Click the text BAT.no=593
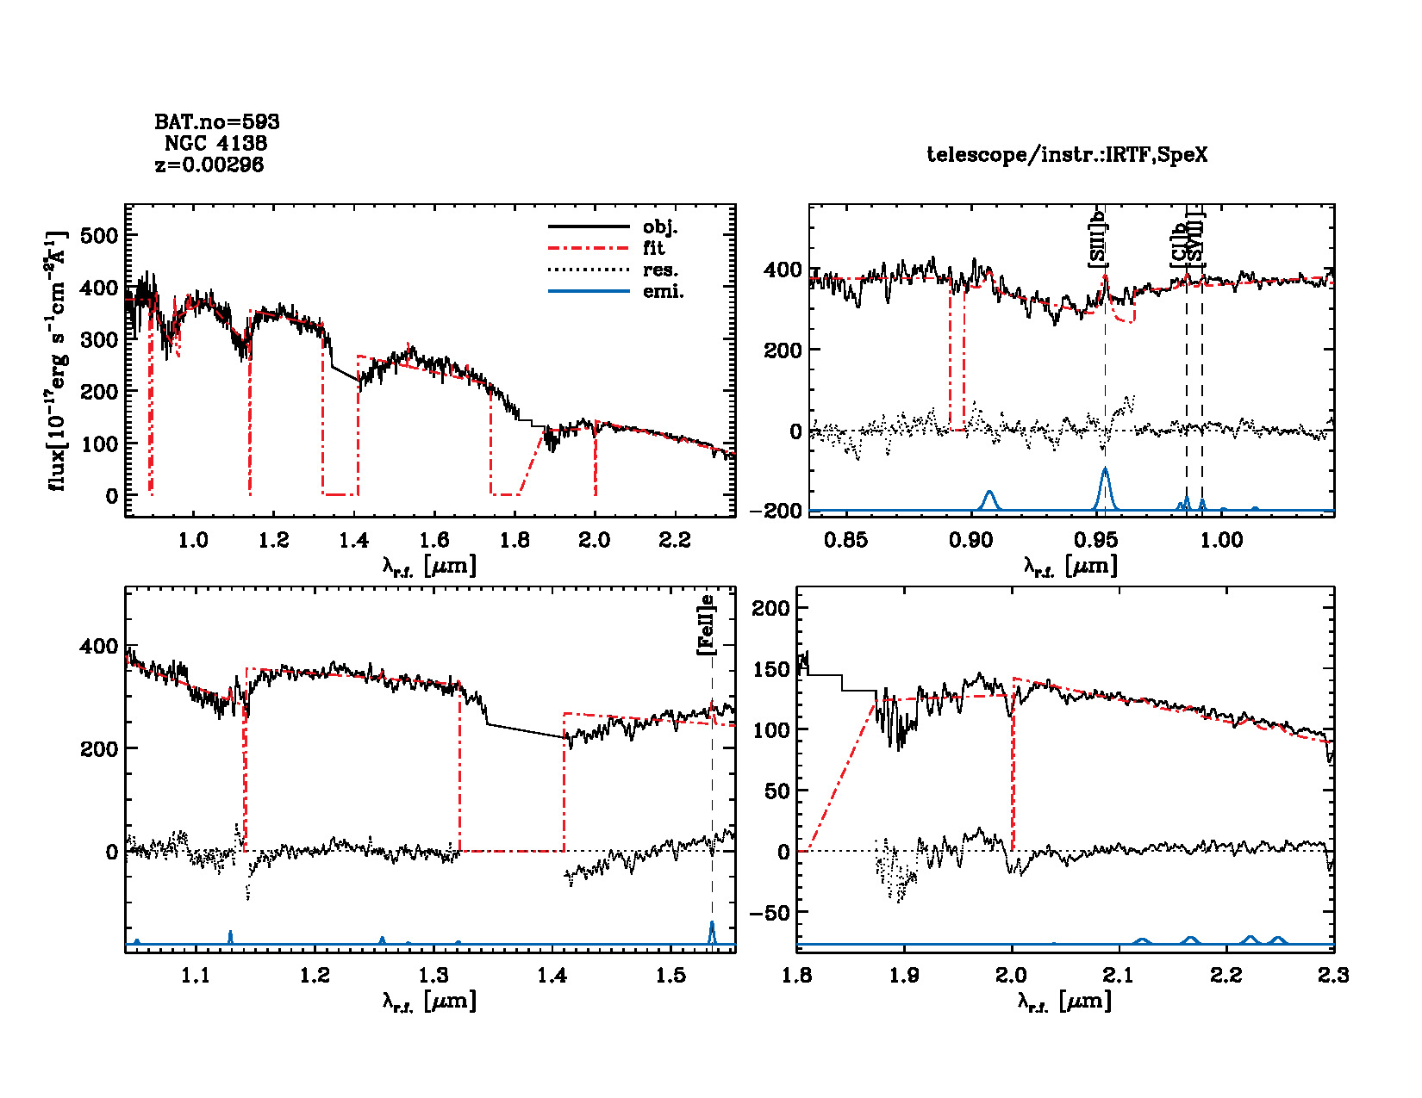click(216, 122)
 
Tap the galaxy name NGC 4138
click(215, 143)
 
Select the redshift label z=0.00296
click(209, 164)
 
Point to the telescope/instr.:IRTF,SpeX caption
click(1066, 155)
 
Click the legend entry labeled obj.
click(660, 227)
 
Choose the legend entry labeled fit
click(653, 248)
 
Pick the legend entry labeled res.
click(660, 270)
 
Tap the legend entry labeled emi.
click(663, 291)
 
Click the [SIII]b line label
click(1098, 239)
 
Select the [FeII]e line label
click(706, 624)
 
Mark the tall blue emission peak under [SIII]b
click(1105, 472)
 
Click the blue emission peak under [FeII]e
click(712, 926)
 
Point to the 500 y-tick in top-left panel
click(98, 235)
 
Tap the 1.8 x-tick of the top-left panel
click(515, 540)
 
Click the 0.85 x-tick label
click(845, 540)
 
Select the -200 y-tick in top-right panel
click(775, 511)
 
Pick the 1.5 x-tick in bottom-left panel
click(671, 975)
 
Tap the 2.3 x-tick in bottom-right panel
click(1332, 975)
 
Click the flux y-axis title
click(58, 362)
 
